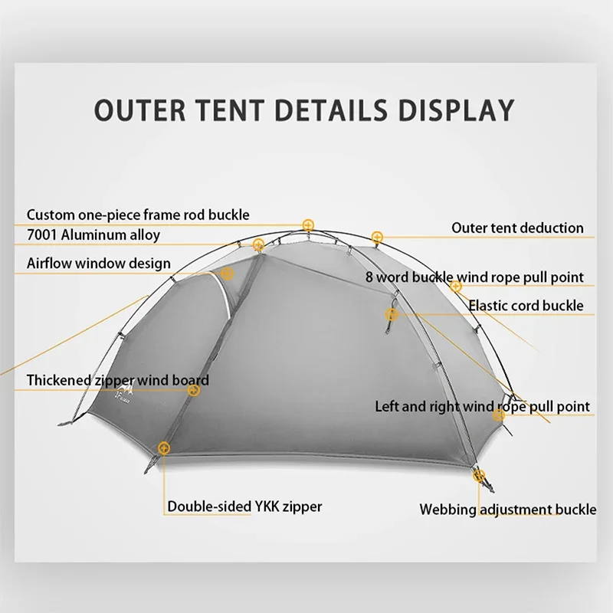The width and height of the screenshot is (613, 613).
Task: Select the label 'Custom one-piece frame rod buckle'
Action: point(138,215)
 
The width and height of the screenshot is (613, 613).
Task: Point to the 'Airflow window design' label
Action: point(99,263)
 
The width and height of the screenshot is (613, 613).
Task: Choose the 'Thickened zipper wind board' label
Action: point(117,380)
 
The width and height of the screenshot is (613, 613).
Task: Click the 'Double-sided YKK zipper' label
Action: point(244,506)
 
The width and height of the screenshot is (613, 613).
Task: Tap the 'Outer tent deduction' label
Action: point(517,228)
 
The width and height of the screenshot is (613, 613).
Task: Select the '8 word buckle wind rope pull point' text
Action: point(474,277)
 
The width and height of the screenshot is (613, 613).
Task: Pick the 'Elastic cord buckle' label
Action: point(526,305)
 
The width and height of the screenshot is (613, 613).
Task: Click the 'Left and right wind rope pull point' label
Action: point(482,406)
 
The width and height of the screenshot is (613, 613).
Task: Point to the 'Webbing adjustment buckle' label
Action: point(507,509)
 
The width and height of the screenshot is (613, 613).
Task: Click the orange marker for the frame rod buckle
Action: point(308,225)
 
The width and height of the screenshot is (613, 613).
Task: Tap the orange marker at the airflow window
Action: point(227,274)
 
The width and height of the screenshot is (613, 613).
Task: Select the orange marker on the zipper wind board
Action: point(195,390)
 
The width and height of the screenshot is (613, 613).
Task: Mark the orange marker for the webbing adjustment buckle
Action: point(480,476)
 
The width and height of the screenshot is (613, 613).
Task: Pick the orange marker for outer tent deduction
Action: point(376,237)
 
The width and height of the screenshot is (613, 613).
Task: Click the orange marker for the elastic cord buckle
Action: point(456,287)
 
